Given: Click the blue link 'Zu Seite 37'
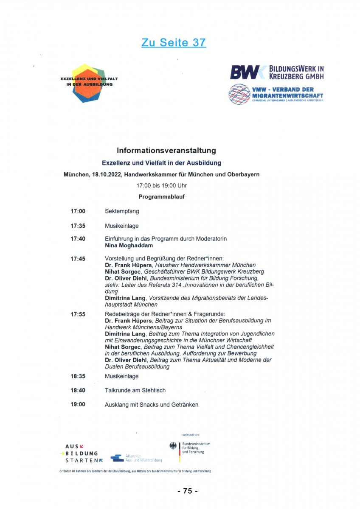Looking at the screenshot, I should (x=174, y=42).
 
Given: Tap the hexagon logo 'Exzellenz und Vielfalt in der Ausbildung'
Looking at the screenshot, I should (x=89, y=83).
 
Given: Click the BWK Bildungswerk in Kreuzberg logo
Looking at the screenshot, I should (x=277, y=73).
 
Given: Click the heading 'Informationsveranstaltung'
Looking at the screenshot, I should (x=166, y=151).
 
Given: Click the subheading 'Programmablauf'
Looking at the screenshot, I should (x=161, y=197).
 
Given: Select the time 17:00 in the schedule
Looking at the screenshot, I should (x=78, y=211).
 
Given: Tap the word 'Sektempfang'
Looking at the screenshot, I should (x=122, y=211).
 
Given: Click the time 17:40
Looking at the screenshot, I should (x=78, y=239).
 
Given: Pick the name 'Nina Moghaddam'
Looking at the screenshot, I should (x=129, y=245).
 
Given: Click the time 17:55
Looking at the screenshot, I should (x=78, y=314).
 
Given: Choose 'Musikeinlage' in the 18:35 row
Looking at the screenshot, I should (x=121, y=376).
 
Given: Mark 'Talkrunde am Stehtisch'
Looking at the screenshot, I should (x=135, y=390).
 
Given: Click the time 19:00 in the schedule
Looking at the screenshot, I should (x=78, y=404).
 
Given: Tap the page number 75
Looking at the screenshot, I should (x=187, y=491).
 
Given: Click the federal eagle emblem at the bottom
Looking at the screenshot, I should (x=173, y=446).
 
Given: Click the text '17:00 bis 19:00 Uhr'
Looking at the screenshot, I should (x=161, y=186).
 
